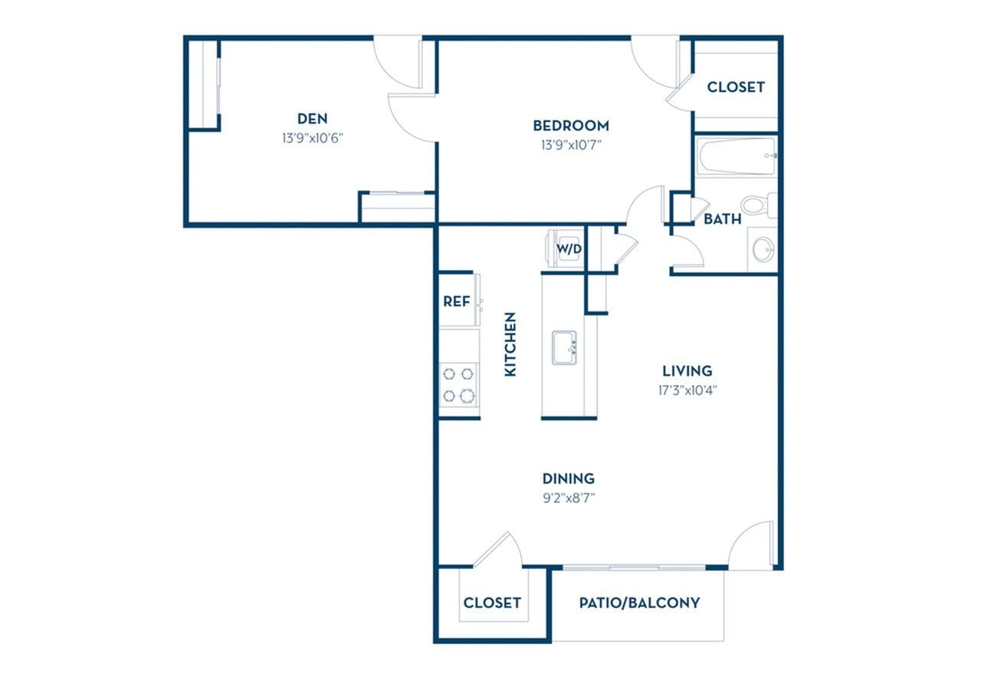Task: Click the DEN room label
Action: tap(312, 118)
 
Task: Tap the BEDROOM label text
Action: tap(571, 125)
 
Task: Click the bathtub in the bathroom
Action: tap(737, 156)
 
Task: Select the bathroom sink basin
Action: tap(763, 249)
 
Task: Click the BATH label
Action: tap(722, 219)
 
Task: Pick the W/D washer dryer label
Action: tap(568, 248)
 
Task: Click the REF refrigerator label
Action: tap(456, 301)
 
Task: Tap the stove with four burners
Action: tap(458, 385)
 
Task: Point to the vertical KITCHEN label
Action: tap(510, 344)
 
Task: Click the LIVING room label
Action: tap(687, 371)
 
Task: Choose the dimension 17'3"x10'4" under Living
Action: tap(687, 390)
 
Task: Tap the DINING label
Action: tap(569, 479)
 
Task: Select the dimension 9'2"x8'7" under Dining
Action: tap(569, 498)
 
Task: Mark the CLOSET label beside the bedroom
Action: tap(736, 87)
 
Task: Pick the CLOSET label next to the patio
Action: tap(492, 603)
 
